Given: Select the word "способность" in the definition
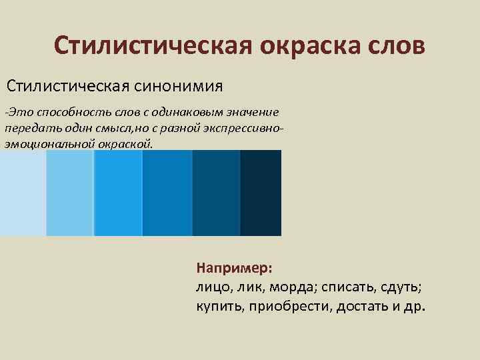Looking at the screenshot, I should (73, 112).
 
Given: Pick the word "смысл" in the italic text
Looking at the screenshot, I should (103, 127).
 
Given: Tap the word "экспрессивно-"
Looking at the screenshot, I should (244, 127).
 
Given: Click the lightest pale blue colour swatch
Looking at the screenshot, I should (23, 193).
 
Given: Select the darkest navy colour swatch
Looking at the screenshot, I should (261, 193).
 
